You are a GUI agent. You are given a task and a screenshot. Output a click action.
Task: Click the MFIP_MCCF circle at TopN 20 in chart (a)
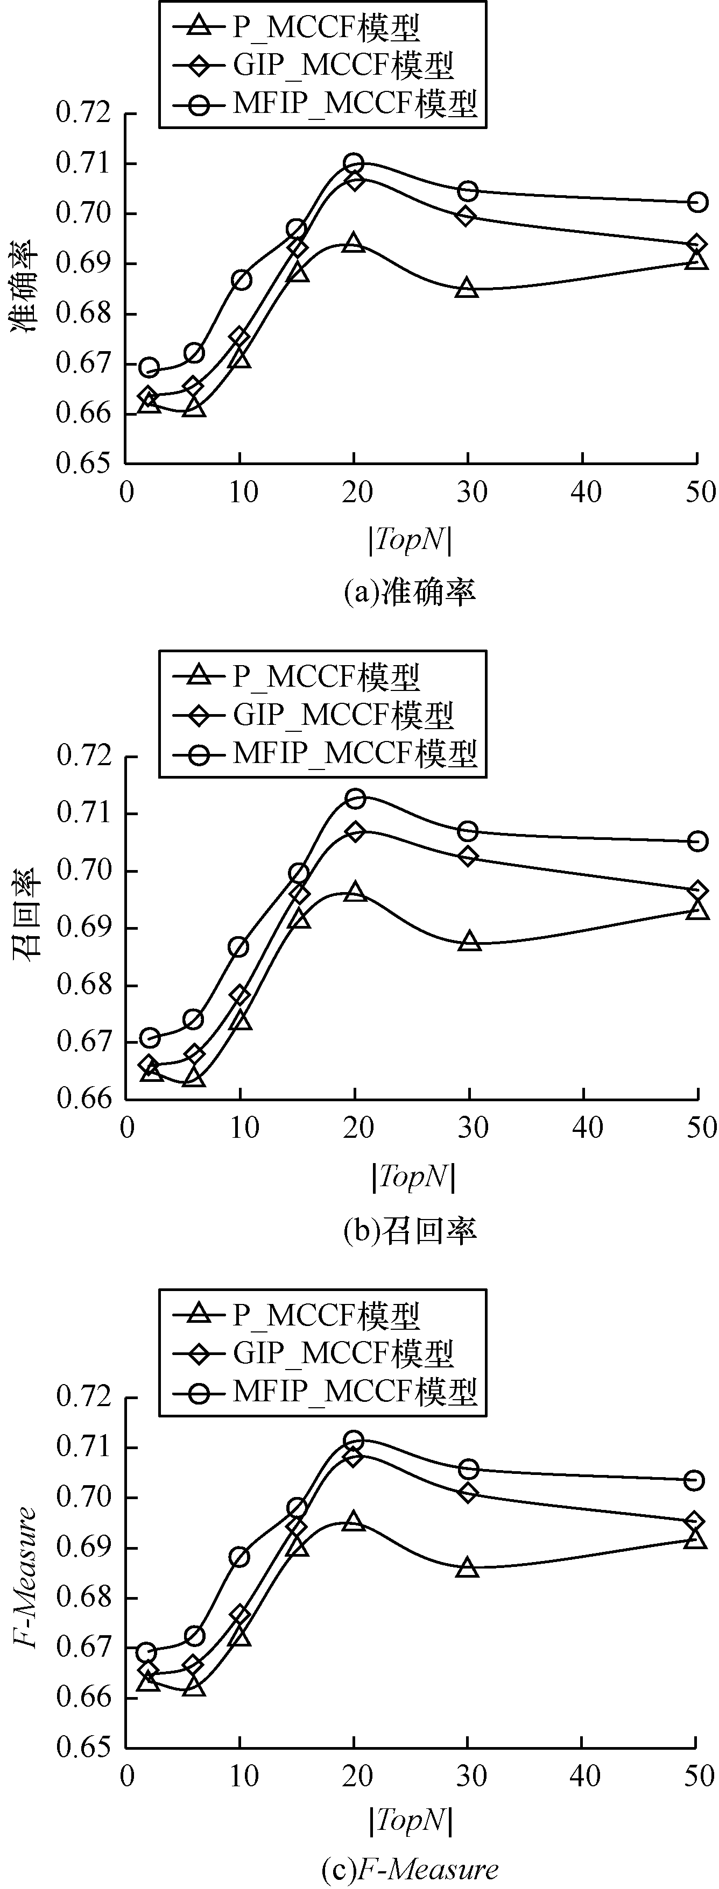[354, 163]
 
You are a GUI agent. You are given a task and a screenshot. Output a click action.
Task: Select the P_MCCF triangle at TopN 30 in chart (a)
[467, 288]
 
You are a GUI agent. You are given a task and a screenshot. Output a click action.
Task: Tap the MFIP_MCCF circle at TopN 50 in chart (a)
[697, 202]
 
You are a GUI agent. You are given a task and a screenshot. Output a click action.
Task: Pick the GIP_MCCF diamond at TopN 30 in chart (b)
[467, 857]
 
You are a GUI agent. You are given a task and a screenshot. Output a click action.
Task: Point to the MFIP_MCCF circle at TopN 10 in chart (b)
[238, 947]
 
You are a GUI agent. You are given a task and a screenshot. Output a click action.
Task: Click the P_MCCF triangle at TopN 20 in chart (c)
[354, 1500]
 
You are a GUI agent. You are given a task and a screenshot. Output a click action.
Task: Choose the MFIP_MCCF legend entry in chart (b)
[327, 753]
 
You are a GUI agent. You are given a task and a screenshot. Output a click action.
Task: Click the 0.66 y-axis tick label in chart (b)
[83, 1099]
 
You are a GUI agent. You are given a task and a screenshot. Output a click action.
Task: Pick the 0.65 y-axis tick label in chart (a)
[83, 464]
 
